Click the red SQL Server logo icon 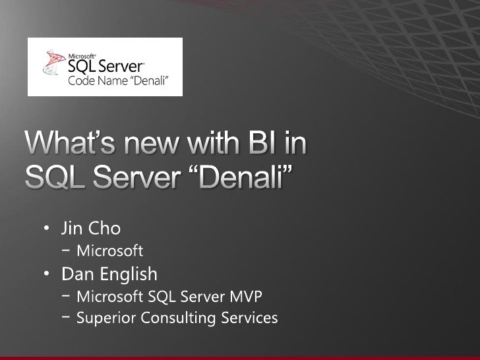[51, 64]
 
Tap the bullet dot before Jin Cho [47, 231]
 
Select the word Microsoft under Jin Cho [109, 251]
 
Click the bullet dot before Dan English [47, 273]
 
